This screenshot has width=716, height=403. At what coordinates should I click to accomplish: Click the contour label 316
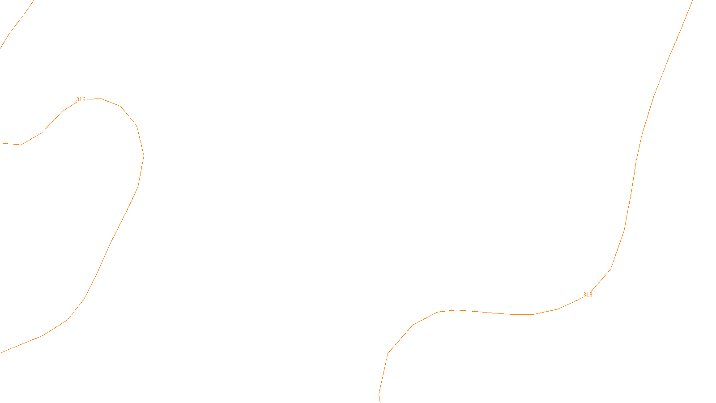click(x=81, y=99)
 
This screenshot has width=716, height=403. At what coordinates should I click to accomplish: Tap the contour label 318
click(x=588, y=295)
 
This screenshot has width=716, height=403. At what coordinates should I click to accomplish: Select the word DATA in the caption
click(x=378, y=395)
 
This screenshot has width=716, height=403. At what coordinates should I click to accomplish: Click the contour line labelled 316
click(x=112, y=240)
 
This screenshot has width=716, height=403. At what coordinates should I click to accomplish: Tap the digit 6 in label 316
click(x=84, y=99)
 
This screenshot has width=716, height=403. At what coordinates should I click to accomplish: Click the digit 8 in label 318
click(x=591, y=295)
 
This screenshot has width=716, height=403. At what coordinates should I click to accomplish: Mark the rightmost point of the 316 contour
click(x=144, y=156)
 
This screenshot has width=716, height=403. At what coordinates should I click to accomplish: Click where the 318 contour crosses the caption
click(x=380, y=395)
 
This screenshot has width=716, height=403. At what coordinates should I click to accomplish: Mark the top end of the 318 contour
click(x=693, y=1)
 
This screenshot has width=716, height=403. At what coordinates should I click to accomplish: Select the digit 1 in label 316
click(x=81, y=99)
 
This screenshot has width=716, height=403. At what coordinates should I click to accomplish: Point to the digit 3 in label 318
click(x=584, y=295)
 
